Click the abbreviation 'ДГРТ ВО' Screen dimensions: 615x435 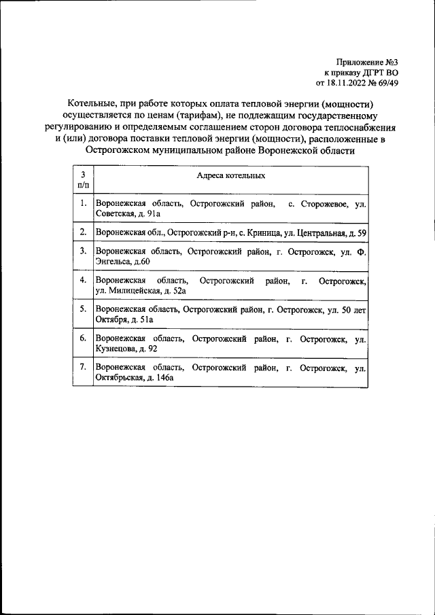387,73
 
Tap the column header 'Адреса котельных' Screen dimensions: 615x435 230,175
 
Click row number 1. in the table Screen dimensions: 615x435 82,203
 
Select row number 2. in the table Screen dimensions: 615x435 82,232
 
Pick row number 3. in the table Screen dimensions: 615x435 82,251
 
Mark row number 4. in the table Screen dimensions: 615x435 82,280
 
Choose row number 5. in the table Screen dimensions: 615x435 82,309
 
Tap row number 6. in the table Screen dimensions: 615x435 82,338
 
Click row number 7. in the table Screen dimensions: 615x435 82,367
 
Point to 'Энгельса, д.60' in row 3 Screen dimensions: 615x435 122,262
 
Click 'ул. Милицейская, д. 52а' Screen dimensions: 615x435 141,291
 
